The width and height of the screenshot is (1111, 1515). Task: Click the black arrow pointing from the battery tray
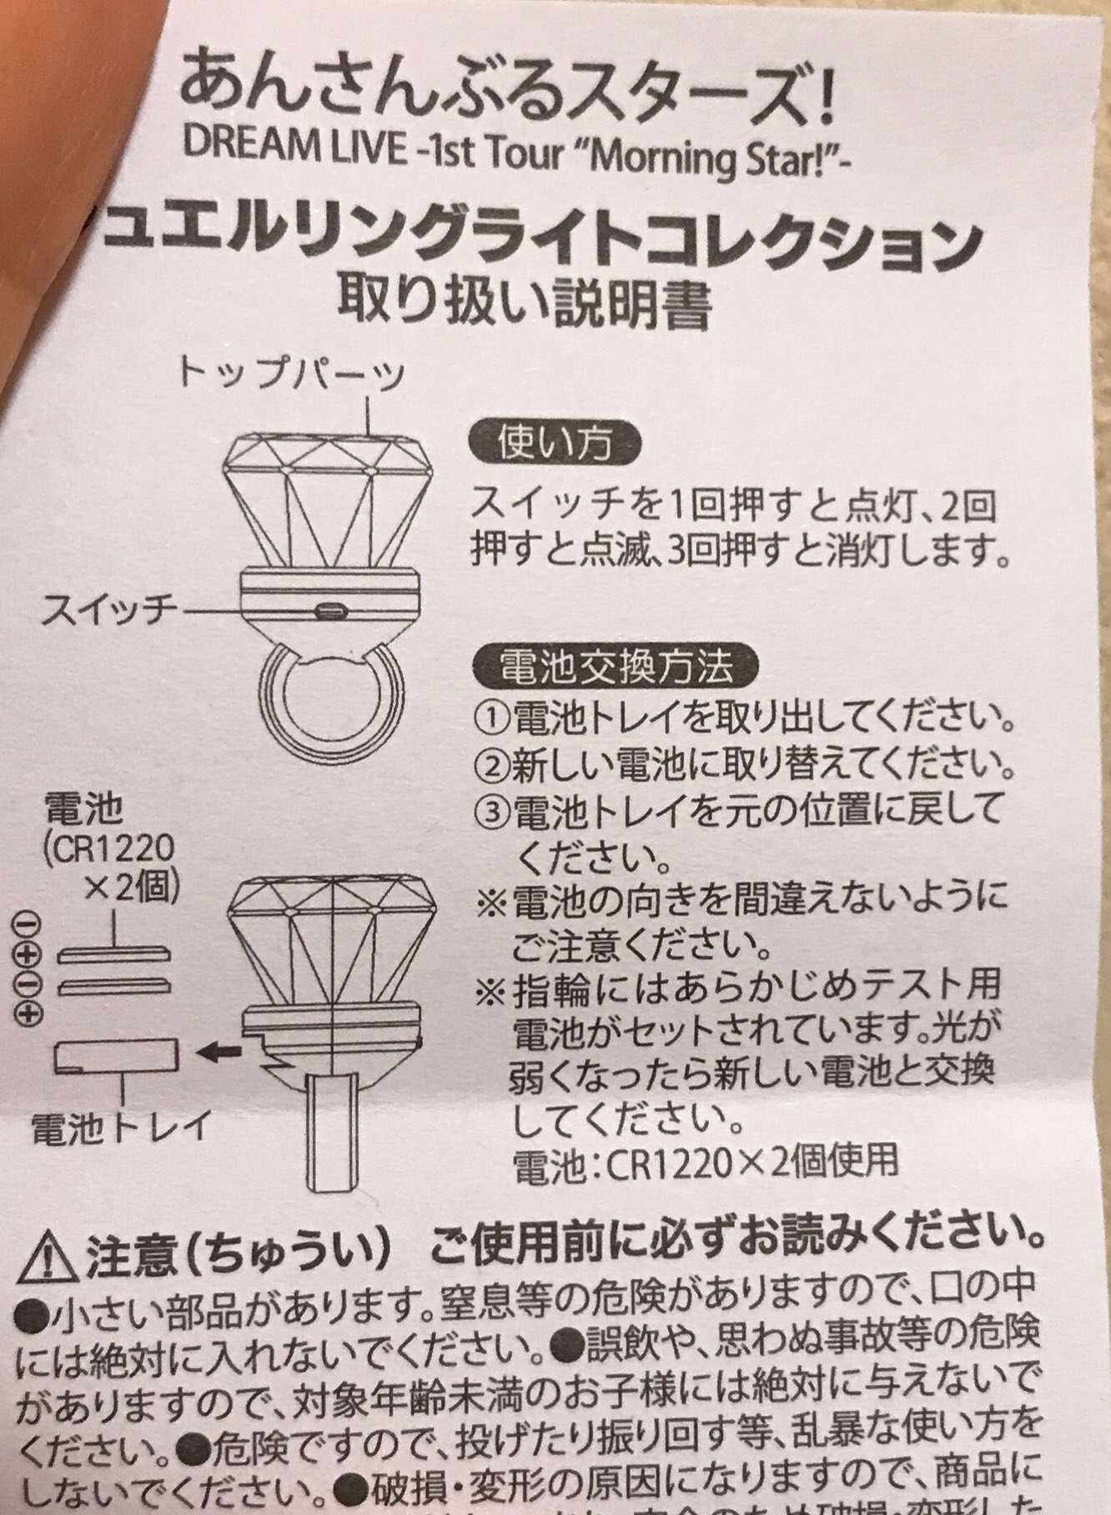tap(218, 1053)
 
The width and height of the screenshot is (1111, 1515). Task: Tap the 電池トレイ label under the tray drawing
tap(119, 1128)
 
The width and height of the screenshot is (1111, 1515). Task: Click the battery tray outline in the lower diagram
tap(116, 1058)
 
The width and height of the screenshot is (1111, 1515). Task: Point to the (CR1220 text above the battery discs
tap(109, 848)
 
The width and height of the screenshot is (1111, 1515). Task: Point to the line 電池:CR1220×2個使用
tap(706, 1160)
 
